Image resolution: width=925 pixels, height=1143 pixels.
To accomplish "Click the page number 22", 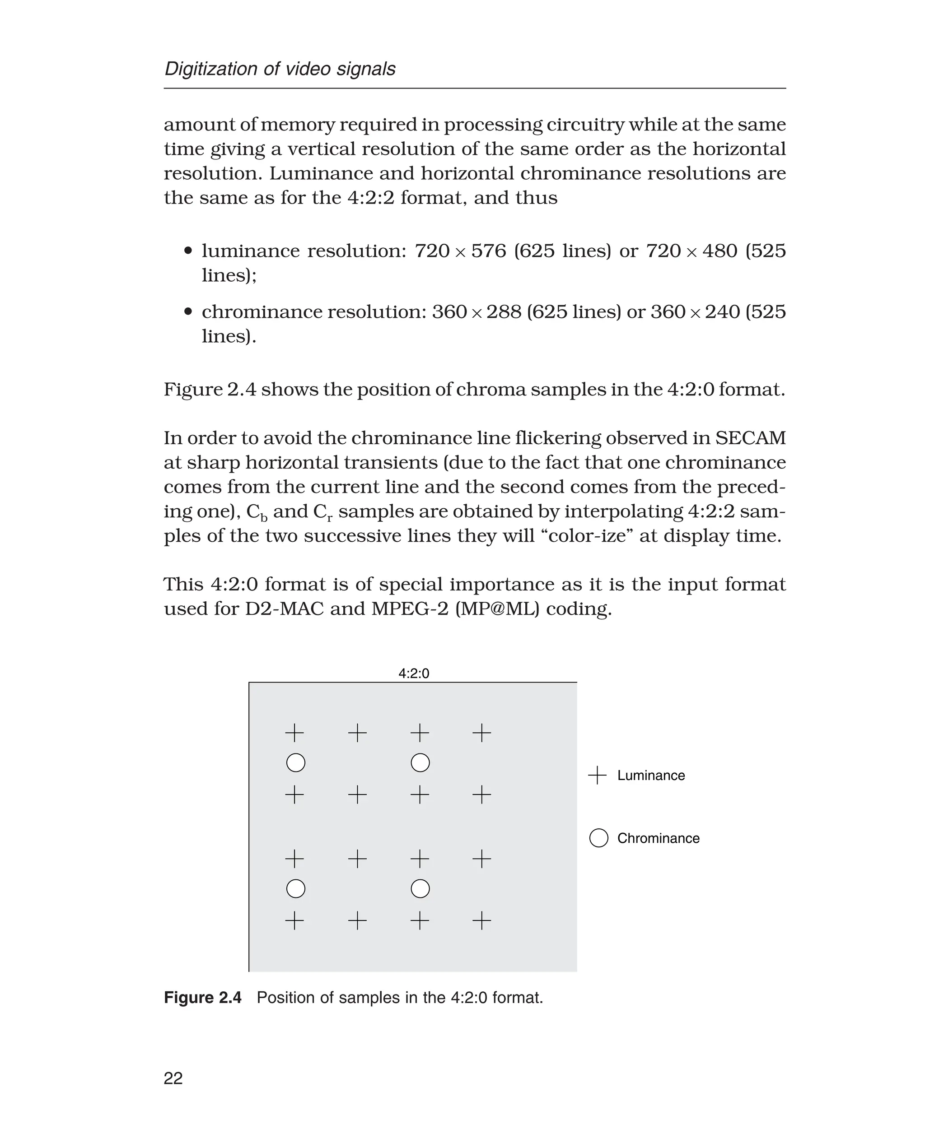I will coord(173,1078).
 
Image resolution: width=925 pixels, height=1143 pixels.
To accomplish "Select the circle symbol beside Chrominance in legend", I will coord(598,838).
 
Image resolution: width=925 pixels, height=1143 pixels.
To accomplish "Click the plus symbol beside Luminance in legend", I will coord(597,776).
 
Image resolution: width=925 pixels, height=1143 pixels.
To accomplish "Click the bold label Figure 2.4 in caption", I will coord(202,998).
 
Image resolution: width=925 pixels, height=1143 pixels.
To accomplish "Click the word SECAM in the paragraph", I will coord(750,438).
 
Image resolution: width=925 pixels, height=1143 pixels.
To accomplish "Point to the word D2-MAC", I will coord(284,608).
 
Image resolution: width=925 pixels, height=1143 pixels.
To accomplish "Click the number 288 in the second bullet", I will coord(504,311).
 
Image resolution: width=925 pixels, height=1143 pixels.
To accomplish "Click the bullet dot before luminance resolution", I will coord(187,251).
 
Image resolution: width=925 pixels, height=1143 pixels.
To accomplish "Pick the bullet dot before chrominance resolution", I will coord(187,311).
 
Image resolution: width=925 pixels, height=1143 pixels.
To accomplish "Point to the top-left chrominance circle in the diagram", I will coord(296,763).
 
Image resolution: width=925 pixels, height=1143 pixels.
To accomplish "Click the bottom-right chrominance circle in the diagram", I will coord(420,888).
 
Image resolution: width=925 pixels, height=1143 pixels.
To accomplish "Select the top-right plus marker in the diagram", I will coord(481,733).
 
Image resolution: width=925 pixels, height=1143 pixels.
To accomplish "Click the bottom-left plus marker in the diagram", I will coord(294,920).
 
